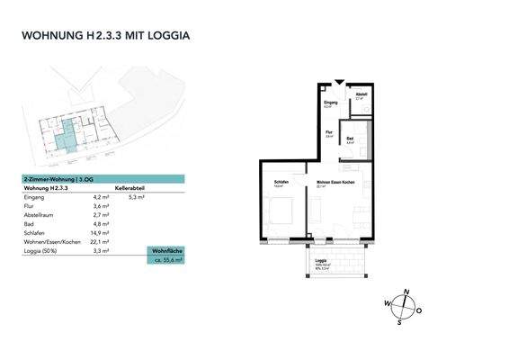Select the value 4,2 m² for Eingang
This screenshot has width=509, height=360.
[x=101, y=196]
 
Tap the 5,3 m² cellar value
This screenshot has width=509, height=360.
[x=137, y=196]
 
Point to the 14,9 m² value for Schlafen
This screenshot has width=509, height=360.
[x=102, y=232]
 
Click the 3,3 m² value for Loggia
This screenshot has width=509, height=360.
[x=101, y=251]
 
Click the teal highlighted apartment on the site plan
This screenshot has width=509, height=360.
[x=66, y=136]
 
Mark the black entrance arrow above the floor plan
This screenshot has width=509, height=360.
[x=338, y=82]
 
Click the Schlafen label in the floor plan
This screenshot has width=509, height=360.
[x=281, y=183]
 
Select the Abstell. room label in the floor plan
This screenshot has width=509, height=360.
[x=361, y=94]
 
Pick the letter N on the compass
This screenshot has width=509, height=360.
[x=408, y=292]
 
